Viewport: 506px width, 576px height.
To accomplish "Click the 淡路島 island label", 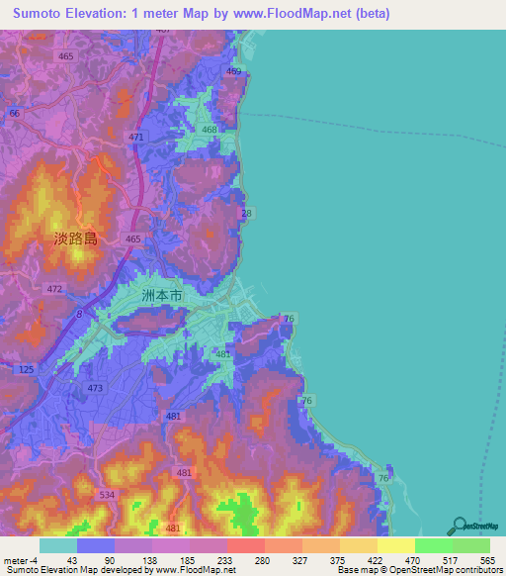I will (x=76, y=239).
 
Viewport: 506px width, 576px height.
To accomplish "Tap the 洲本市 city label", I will (x=162, y=296).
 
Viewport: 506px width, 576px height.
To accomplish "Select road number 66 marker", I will (x=14, y=114).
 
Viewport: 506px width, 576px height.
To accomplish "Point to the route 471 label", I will (x=135, y=137).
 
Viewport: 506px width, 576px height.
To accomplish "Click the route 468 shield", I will (x=210, y=131).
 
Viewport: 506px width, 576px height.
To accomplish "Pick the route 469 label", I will (x=233, y=71).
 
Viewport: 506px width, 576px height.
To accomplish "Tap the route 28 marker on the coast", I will (x=246, y=213).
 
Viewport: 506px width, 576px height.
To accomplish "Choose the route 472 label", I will (x=54, y=289).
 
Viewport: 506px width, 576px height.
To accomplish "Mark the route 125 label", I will (x=26, y=368).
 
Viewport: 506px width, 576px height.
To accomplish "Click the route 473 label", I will (x=95, y=388).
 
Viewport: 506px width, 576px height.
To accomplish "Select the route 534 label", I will (x=107, y=493).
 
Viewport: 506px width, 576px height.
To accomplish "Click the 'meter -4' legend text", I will (x=20, y=560).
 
